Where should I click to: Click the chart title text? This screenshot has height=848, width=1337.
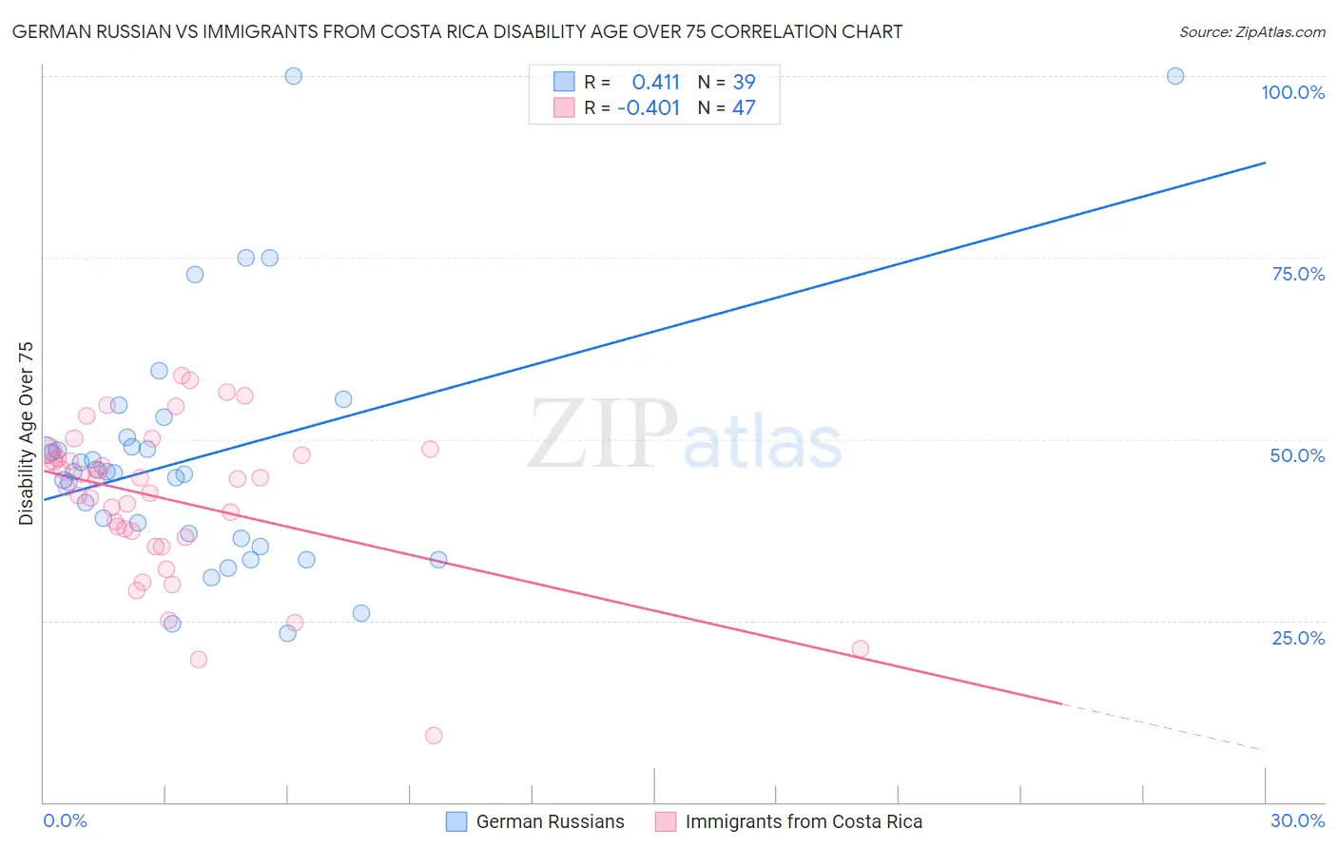457,32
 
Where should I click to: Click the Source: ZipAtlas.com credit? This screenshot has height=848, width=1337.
1251,32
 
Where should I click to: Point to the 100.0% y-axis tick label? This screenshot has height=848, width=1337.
1292,92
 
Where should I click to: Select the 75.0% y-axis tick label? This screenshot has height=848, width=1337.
1298,274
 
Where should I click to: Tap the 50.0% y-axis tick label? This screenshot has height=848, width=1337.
1297,455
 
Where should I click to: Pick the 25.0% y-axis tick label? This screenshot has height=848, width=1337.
1298,637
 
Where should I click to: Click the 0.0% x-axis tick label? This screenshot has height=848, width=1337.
65,820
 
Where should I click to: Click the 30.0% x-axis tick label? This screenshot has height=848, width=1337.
1297,820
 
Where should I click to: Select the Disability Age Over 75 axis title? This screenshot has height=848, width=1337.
27,433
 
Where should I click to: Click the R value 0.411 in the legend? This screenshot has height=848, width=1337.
656,83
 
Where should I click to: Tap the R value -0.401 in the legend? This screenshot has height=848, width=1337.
649,108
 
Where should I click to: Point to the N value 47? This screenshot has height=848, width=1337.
744,108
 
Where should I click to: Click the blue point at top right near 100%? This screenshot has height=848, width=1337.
1175,76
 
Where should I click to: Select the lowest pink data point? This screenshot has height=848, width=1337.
434,735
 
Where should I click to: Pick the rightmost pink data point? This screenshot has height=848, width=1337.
861,648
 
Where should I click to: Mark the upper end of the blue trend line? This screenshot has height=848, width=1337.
1265,163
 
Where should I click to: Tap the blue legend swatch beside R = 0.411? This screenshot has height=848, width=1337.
564,82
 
